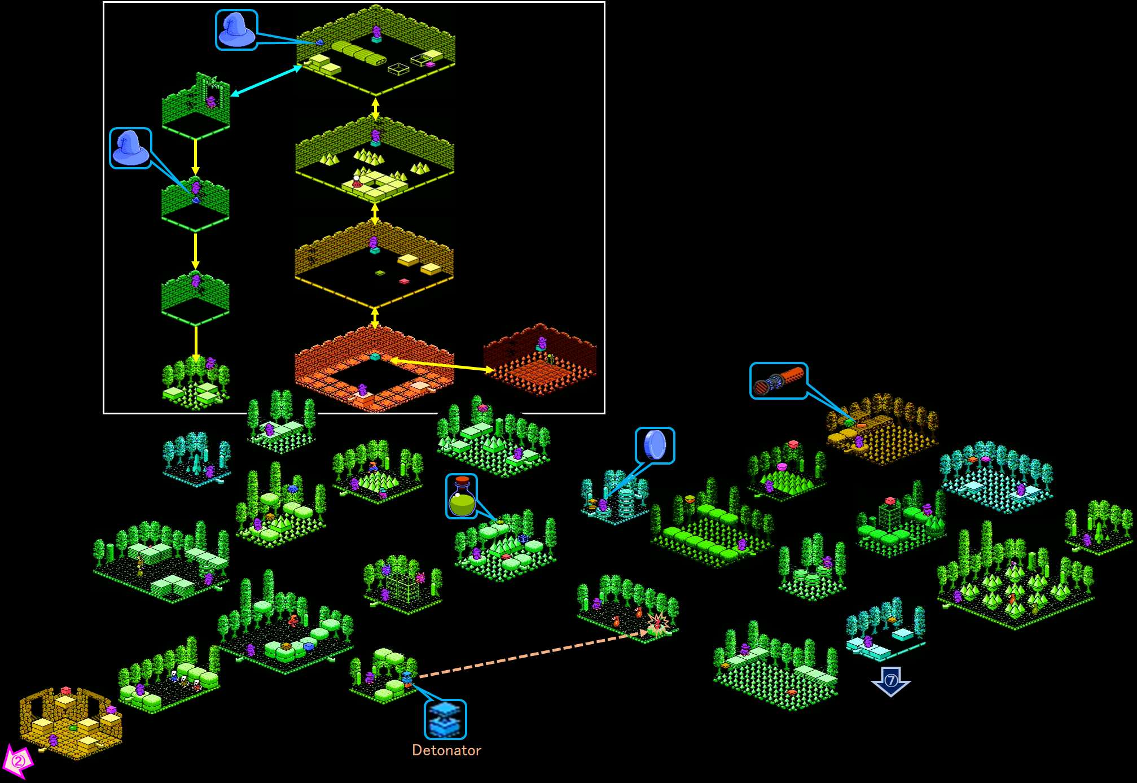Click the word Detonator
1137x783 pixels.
point(446,750)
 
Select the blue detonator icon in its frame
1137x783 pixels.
point(445,719)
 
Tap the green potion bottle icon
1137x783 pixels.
point(462,496)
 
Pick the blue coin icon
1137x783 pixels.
point(655,445)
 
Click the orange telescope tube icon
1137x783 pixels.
point(778,381)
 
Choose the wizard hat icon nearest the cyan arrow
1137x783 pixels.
point(236,30)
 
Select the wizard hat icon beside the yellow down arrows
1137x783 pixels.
point(130,148)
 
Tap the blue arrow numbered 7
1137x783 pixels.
point(890,681)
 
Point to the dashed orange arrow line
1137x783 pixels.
point(530,655)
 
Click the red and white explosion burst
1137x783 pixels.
point(657,624)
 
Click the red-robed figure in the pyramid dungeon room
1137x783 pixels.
point(356,181)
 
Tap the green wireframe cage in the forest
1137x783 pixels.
point(402,588)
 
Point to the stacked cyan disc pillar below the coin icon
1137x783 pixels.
point(626,502)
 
